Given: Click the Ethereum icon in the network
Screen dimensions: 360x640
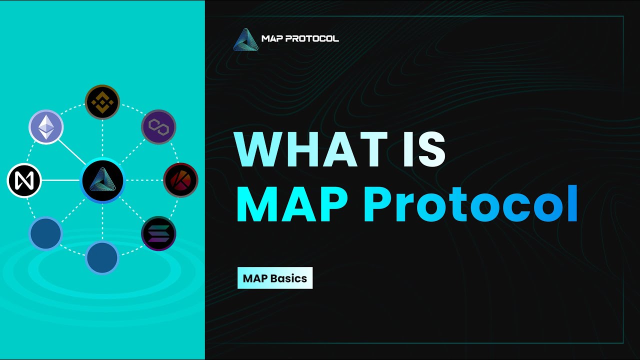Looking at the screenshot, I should click(46, 127).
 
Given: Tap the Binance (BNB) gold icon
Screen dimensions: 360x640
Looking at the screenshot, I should click(102, 102).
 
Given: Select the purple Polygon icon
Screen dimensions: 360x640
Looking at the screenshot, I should click(158, 127).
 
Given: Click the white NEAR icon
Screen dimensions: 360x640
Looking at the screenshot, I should click(24, 180).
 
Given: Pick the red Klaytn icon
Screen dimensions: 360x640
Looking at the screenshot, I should click(180, 180).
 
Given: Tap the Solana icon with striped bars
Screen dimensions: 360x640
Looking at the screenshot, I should click(158, 233).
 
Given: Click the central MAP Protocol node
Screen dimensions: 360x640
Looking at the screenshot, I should click(102, 180).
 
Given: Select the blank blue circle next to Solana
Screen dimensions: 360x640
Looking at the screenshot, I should click(102, 258).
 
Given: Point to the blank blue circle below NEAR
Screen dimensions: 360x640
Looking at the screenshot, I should click(45, 233).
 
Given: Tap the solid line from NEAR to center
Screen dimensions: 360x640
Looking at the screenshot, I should click(60, 180).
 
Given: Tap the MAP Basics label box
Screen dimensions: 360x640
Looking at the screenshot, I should click(274, 278).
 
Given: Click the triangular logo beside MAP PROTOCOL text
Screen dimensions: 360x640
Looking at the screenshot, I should click(245, 39).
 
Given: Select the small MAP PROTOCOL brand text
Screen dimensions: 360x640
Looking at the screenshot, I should click(300, 38).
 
